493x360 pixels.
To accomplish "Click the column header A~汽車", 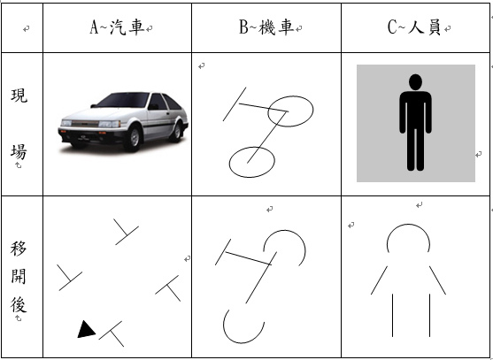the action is tap(117, 27).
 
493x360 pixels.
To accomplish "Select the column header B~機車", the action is tap(266, 27).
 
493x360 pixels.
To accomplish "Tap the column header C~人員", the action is tap(414, 27).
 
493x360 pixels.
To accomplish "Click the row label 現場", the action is tap(19, 124).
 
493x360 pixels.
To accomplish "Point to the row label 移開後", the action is tap(19, 277).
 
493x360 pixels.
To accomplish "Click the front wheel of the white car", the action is tap(134, 137).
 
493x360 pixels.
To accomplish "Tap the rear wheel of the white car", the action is tap(176, 130).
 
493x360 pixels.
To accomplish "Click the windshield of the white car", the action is tap(124, 100).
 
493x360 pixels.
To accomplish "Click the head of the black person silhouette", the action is tap(415, 82).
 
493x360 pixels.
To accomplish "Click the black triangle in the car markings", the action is tap(86, 330).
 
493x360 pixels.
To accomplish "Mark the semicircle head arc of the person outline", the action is tap(408, 225).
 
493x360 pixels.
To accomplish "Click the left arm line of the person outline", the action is tap(379, 280).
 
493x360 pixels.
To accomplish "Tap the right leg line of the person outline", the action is tap(429, 316).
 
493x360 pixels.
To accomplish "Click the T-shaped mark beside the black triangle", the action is tap(112, 333).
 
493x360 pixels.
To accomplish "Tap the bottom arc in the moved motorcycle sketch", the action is tap(243, 342).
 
